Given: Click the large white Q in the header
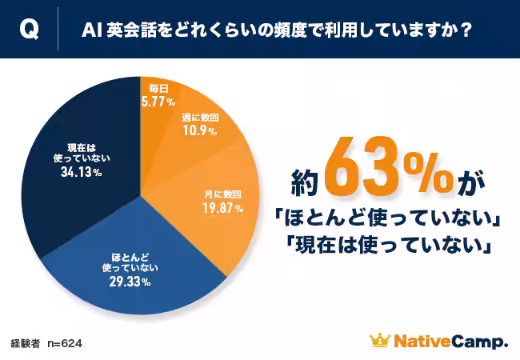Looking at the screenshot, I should pos(27,30).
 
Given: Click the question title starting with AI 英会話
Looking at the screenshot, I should pos(276,30).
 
